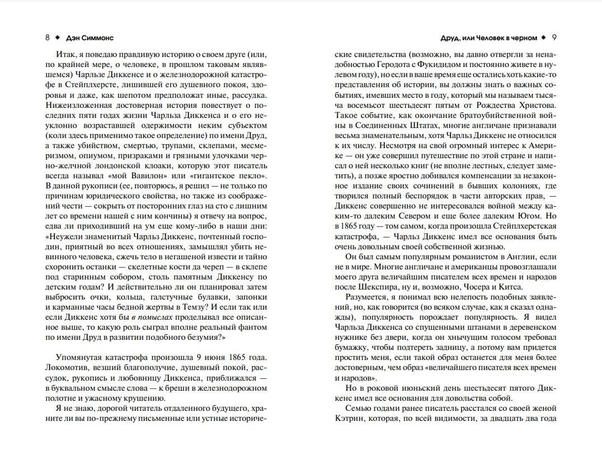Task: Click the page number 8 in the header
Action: click(47, 38)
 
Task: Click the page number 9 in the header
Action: click(554, 38)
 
